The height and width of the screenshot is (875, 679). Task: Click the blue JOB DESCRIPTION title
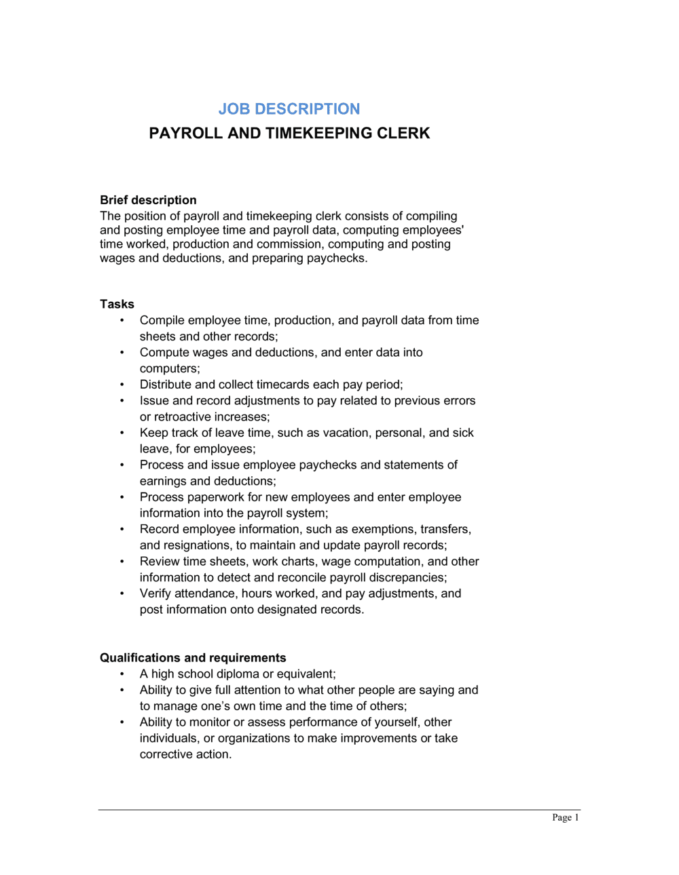click(x=289, y=109)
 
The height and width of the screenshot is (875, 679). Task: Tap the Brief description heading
click(x=148, y=200)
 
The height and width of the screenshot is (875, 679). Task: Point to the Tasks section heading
click(x=117, y=304)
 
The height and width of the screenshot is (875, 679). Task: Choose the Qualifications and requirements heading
click(x=193, y=658)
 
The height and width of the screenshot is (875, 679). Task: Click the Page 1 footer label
click(x=565, y=817)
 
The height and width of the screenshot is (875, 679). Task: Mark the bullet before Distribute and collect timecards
click(x=122, y=385)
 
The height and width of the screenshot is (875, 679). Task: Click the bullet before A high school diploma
click(x=122, y=674)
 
